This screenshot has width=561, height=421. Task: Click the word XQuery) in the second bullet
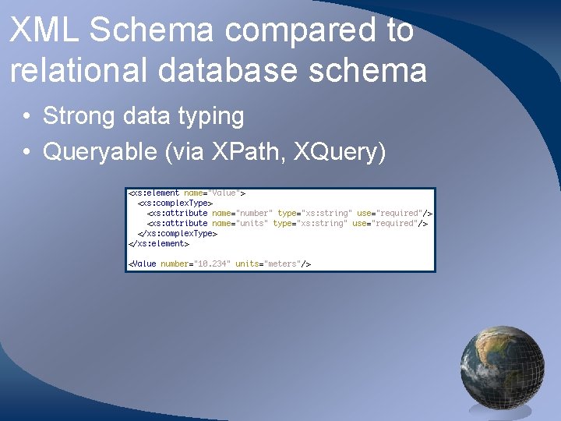[340, 152]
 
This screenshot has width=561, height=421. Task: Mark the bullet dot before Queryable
[26, 152]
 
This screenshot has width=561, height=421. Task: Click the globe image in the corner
[502, 366]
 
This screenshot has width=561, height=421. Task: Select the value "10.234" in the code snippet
[211, 264]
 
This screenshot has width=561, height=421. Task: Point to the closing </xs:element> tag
[159, 243]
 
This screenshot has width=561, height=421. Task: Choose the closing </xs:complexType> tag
[177, 233]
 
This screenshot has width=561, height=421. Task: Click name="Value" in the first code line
[212, 193]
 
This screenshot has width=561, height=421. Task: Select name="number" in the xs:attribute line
[242, 213]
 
